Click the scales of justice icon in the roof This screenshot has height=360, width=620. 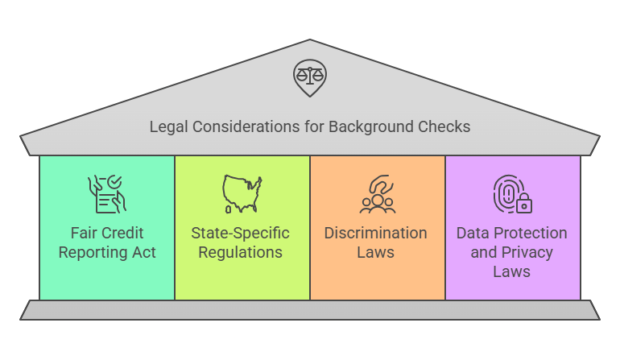(x=309, y=78)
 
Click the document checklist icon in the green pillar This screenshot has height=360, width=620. (x=106, y=193)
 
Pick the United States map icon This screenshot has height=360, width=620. (x=242, y=193)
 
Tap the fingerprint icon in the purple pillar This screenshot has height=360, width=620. (x=507, y=193)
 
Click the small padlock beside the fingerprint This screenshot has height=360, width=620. (x=524, y=205)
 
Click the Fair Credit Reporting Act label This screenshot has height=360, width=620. (x=106, y=242)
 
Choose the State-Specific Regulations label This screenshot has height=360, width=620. (x=242, y=242)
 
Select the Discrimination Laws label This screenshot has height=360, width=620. (x=376, y=242)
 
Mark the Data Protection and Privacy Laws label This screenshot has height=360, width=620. (x=512, y=252)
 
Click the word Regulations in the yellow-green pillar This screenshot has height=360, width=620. (x=242, y=252)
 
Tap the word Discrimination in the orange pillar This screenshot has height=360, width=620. (x=376, y=233)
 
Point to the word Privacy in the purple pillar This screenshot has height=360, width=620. (x=527, y=252)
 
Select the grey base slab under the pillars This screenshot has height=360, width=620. (x=309, y=310)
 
